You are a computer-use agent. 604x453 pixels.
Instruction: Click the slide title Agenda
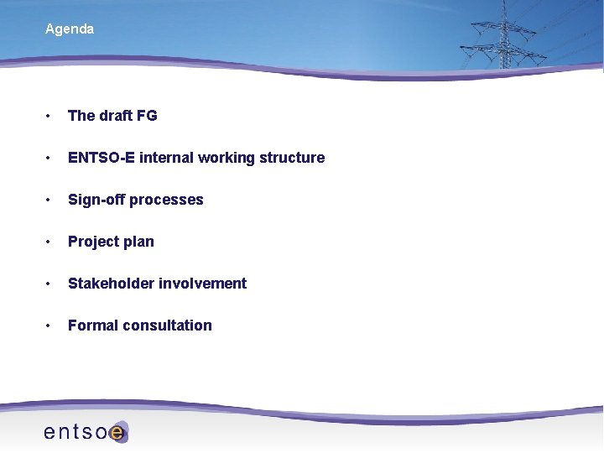tap(70, 29)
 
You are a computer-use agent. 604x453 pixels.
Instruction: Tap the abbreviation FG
tap(147, 116)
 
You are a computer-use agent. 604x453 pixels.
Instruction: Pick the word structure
tap(292, 158)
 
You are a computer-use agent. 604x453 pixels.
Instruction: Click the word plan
tap(139, 242)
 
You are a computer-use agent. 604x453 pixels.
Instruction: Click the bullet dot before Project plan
tap(50, 242)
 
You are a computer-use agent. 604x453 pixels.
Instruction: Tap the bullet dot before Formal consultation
tap(50, 325)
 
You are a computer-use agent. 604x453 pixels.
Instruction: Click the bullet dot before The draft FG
tap(50, 116)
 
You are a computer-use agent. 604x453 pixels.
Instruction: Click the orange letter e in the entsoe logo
tap(117, 433)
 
